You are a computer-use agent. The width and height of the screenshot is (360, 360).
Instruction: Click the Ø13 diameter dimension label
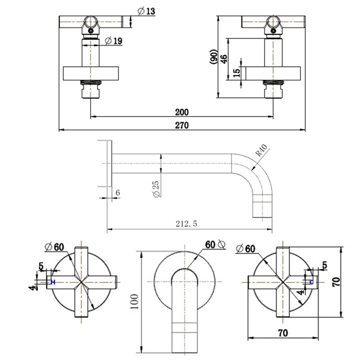pyautogui.click(x=147, y=11)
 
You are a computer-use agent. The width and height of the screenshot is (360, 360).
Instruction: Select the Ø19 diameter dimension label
pyautogui.click(x=114, y=41)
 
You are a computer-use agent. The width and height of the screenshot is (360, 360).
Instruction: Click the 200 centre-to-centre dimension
pyautogui.click(x=182, y=112)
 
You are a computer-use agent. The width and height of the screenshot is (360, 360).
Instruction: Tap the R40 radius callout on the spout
pyautogui.click(x=261, y=151)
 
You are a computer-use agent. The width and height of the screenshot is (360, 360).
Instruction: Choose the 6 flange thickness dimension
pyautogui.click(x=117, y=192)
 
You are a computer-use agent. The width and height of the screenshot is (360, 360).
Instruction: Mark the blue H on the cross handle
pyautogui.click(x=53, y=282)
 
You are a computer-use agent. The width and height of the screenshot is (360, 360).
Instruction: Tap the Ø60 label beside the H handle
pyautogui.click(x=55, y=246)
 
